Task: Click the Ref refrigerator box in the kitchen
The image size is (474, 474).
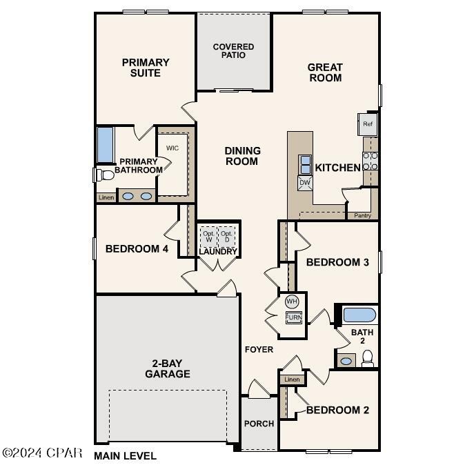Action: [x=367, y=124]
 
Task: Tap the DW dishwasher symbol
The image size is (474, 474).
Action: [x=305, y=183]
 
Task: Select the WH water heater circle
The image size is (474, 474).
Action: [x=292, y=302]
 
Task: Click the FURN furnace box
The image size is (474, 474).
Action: [x=294, y=317]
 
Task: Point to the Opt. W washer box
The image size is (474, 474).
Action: [x=208, y=236]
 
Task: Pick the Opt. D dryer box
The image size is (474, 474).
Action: [x=228, y=236]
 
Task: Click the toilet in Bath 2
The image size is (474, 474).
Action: [x=368, y=358]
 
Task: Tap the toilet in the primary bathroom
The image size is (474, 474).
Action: [x=104, y=175]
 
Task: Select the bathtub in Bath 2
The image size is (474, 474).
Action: [x=359, y=315]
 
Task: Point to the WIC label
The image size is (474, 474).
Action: [x=172, y=148]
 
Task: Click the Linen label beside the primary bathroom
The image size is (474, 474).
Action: [x=106, y=197]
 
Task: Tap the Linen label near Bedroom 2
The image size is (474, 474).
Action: [x=292, y=379]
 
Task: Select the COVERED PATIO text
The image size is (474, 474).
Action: [x=233, y=51]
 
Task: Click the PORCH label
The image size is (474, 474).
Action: [x=259, y=424]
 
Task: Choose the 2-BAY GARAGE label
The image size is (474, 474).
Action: [x=168, y=369]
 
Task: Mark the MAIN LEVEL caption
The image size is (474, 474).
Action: [x=126, y=456]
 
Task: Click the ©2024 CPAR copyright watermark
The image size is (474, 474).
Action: [x=42, y=453]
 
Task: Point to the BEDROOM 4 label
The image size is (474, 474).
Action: [x=137, y=249]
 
